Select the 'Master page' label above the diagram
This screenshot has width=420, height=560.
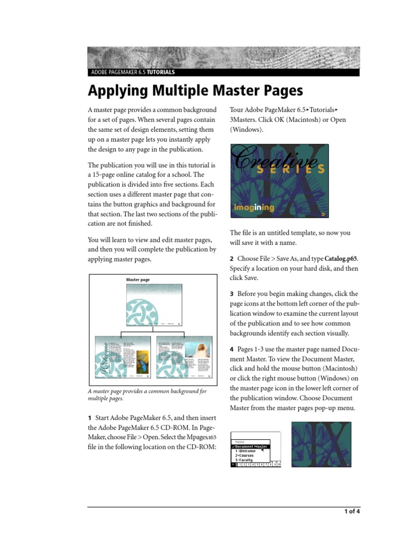click(x=138, y=280)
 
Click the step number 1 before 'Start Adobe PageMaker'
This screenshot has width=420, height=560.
click(x=90, y=418)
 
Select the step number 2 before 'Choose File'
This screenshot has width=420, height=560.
click(x=232, y=258)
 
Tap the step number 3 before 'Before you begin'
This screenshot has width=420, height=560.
click(x=232, y=294)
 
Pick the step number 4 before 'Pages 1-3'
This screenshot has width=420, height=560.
click(x=232, y=349)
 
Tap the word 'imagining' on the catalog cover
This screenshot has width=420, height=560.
click(x=254, y=208)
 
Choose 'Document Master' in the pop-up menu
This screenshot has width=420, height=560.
click(x=251, y=446)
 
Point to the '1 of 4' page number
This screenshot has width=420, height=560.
click(x=352, y=512)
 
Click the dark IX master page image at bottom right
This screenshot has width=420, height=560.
click(x=320, y=444)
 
